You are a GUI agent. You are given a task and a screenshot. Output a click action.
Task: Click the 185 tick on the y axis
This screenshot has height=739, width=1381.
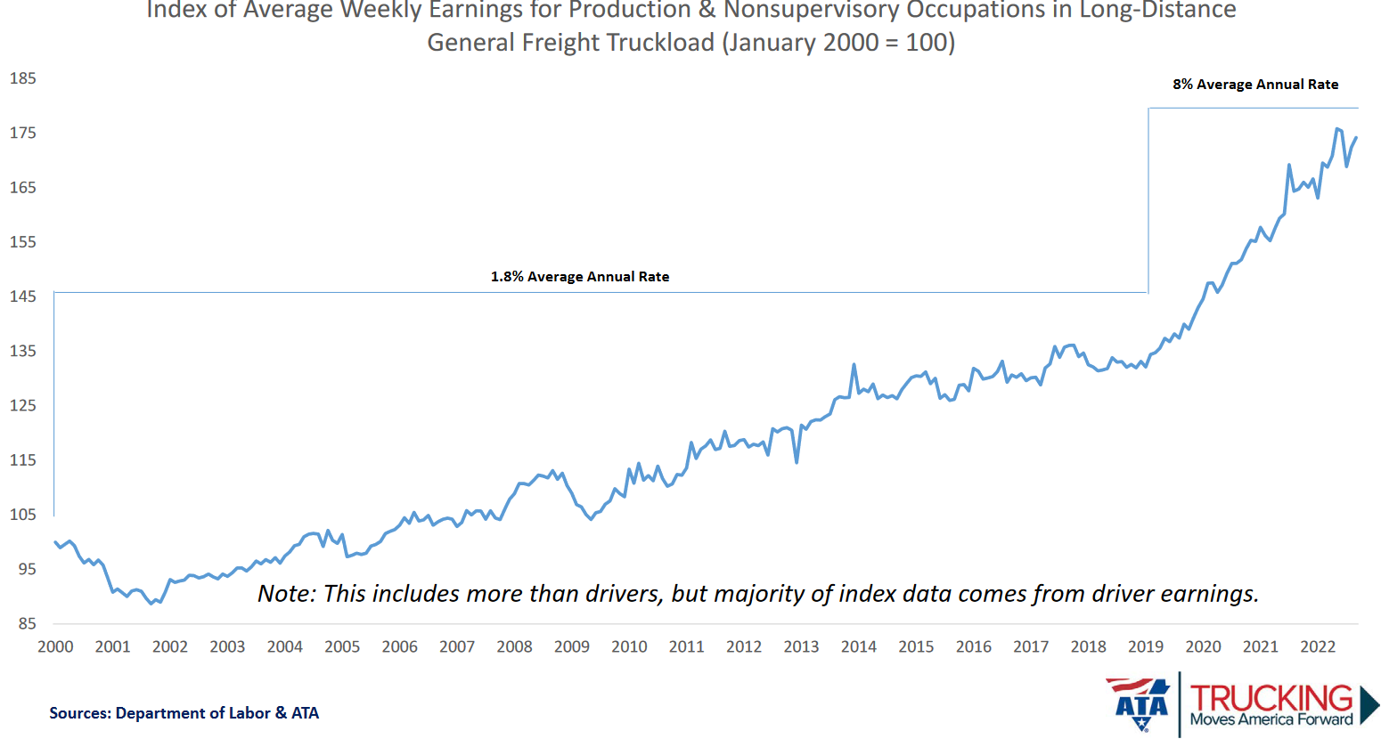(x=23, y=78)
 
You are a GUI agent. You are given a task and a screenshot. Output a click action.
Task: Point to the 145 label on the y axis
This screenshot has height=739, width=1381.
(x=23, y=296)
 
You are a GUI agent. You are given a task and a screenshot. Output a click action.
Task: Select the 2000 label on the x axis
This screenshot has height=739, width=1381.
(x=55, y=647)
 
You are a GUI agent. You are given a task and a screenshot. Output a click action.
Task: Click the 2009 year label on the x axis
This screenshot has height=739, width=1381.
(x=572, y=647)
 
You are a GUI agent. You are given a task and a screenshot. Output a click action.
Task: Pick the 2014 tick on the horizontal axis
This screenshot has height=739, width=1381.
(x=859, y=647)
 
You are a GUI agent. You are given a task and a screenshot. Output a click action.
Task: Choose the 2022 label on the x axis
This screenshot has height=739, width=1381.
(x=1318, y=647)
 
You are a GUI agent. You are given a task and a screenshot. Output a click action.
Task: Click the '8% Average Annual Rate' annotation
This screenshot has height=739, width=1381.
(x=1255, y=85)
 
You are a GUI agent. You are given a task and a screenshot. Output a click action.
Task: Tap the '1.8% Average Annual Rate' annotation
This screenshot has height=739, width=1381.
(x=580, y=277)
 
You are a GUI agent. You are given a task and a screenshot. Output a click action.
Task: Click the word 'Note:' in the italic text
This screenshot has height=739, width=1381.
(x=287, y=594)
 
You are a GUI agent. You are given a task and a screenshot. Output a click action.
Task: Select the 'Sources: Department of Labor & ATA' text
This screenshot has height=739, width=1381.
(x=184, y=713)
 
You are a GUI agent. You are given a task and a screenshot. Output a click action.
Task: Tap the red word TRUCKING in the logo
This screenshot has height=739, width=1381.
(x=1271, y=698)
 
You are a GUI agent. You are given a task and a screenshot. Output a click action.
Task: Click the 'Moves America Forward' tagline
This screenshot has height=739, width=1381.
(x=1271, y=719)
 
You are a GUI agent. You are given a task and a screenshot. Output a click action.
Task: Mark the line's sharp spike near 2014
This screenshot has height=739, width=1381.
(x=854, y=364)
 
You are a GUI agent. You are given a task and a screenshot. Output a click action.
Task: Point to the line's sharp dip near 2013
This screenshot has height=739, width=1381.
(x=797, y=462)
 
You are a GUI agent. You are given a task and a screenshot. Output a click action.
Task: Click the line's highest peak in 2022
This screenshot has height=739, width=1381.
(x=1337, y=129)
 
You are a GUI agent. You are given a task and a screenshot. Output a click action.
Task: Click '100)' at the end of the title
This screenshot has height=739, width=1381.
(x=931, y=43)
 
